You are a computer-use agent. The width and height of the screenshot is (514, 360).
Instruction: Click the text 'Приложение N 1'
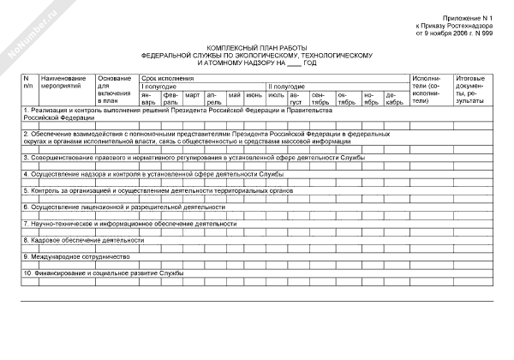tap(470, 18)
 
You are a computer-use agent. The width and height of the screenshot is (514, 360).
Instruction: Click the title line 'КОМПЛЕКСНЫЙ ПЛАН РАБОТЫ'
tap(256, 49)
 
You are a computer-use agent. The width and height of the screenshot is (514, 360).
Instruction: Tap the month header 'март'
tap(193, 94)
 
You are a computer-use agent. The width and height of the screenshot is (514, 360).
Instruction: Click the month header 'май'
tap(234, 94)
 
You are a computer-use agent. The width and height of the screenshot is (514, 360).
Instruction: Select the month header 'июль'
tap(276, 94)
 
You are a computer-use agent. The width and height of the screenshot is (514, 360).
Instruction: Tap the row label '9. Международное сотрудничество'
tap(76, 256)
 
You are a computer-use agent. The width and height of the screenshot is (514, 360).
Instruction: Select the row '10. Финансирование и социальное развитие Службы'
tap(104, 273)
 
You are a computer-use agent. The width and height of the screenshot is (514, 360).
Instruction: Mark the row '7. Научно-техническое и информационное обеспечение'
tap(129, 223)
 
